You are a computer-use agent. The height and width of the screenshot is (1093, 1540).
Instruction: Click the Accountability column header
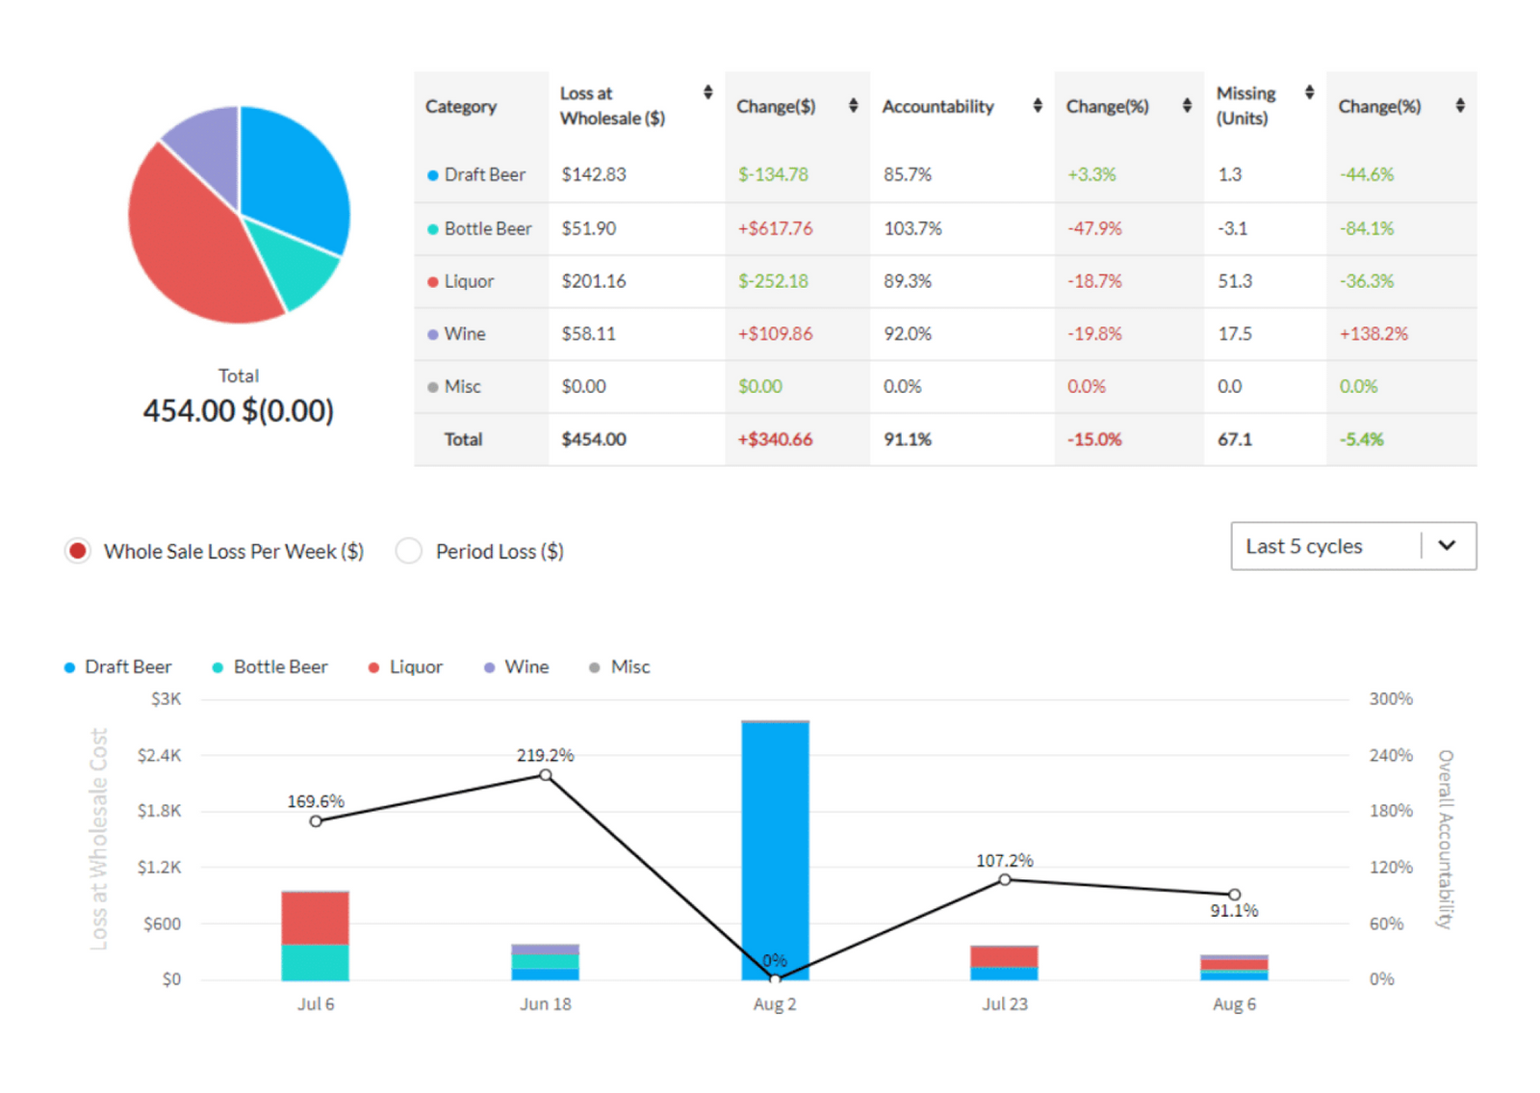[937, 107]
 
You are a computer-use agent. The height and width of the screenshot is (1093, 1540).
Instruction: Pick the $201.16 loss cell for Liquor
[594, 281]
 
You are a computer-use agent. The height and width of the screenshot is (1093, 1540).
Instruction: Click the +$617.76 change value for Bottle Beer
[775, 228]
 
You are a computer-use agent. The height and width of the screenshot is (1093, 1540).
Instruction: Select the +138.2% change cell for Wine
[1373, 334]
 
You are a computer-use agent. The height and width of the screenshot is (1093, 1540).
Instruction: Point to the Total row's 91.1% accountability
[908, 439]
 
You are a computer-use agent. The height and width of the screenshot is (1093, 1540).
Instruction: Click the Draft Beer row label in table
[484, 175]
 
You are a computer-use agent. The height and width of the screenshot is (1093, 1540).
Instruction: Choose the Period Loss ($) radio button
[409, 551]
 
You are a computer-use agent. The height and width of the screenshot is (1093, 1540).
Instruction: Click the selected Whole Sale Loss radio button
[78, 551]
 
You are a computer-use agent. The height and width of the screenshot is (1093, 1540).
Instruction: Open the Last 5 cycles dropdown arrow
[1447, 546]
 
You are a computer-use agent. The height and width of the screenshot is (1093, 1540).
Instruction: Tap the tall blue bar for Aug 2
[775, 847]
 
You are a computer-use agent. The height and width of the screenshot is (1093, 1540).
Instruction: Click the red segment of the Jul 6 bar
[315, 917]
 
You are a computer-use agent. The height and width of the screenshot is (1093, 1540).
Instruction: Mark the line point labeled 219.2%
[546, 775]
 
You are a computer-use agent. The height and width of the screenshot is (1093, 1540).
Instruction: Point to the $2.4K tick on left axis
[159, 755]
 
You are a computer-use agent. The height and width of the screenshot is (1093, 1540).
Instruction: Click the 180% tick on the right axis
[1391, 811]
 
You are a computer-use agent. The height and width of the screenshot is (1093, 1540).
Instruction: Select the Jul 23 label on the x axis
[1004, 1004]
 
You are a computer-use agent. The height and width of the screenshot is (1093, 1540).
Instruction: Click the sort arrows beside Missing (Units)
[1309, 92]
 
